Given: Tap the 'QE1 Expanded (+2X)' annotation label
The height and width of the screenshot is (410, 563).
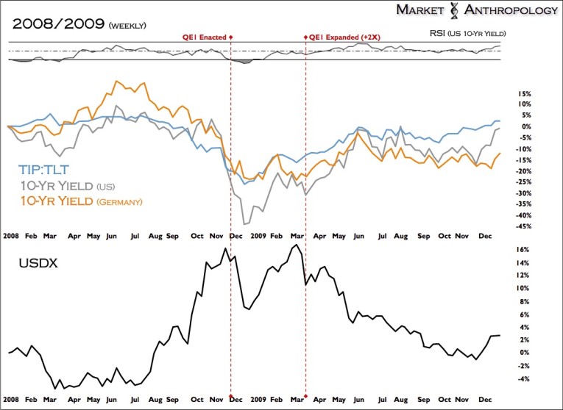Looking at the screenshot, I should click(x=343, y=36).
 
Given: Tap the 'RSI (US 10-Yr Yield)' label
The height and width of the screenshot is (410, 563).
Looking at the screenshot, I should click(x=468, y=34).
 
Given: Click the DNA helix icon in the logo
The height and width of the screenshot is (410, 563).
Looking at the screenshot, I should click(x=453, y=10).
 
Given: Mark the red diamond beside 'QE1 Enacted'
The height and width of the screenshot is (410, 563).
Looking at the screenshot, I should click(x=231, y=36).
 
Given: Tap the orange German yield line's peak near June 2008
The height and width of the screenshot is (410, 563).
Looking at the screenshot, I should click(x=116, y=81).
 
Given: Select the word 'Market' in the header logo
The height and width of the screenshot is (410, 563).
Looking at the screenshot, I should click(x=419, y=10).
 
